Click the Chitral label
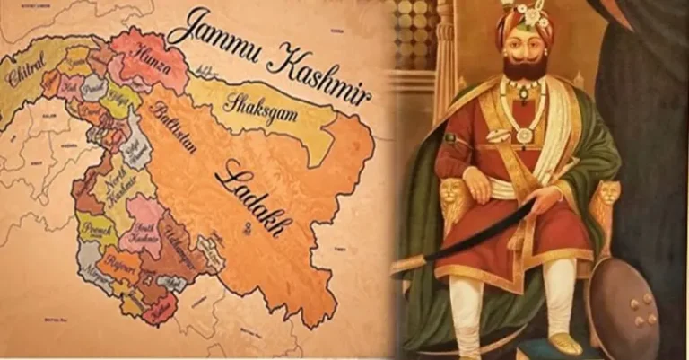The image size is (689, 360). click(25, 72)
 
